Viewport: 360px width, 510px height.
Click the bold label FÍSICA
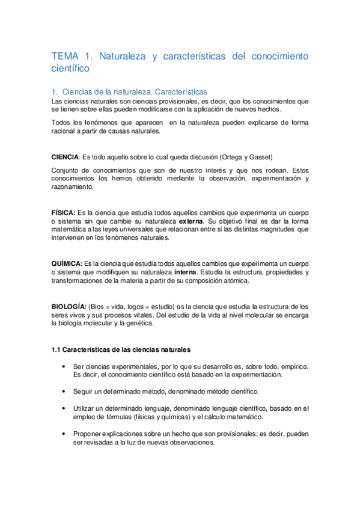coord(63,214)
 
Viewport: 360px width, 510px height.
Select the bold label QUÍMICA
coord(67,263)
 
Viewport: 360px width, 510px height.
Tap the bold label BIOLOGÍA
coord(69,307)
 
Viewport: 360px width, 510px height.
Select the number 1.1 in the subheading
coord(56,349)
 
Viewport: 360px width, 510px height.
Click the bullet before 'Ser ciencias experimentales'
coord(63,366)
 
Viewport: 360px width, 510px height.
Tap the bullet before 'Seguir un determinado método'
coord(63,391)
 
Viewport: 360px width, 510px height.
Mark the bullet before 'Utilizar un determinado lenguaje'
coord(63,408)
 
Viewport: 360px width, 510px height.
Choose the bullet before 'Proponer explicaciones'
coord(63,433)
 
